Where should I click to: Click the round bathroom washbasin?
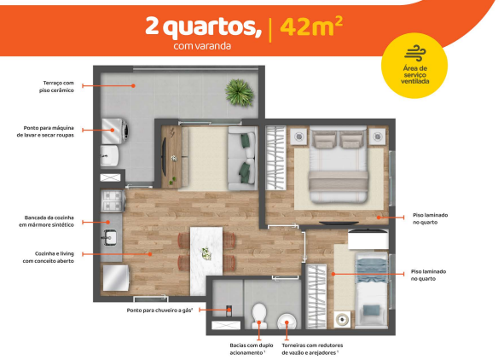tap(288, 321)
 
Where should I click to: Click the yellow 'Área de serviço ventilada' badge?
tap(414, 67)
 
